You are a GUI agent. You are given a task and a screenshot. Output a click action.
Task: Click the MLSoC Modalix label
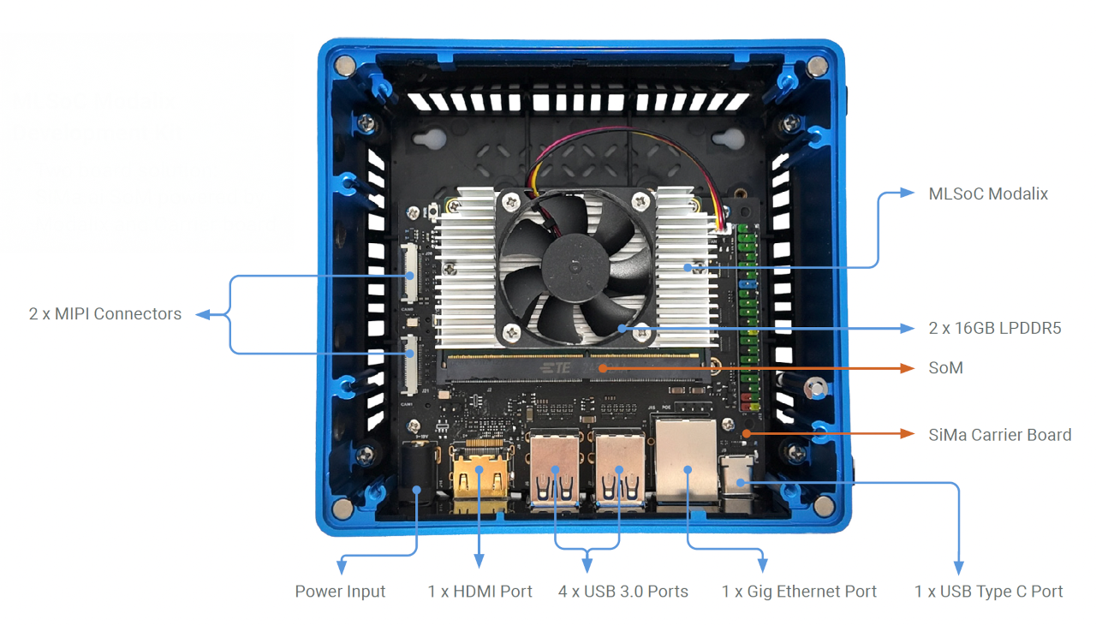[x=988, y=194]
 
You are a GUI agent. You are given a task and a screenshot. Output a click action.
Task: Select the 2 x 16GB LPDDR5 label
[x=995, y=328]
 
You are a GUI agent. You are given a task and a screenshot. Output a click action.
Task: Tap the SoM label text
[x=945, y=368]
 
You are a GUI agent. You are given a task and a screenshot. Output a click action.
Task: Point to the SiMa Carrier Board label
[x=999, y=435]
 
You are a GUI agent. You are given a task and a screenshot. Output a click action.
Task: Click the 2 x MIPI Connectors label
[x=105, y=314]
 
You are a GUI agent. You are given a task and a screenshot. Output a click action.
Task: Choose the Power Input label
[x=340, y=592]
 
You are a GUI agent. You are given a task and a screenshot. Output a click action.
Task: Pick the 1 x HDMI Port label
[x=479, y=592]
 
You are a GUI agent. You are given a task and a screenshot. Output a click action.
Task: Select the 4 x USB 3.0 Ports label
[x=622, y=592]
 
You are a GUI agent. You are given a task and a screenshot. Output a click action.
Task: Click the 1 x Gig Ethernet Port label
[x=799, y=592]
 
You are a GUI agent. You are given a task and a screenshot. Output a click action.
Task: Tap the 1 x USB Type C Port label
[x=988, y=592]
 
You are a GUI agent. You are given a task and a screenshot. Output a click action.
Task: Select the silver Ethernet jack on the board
[x=688, y=462]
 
